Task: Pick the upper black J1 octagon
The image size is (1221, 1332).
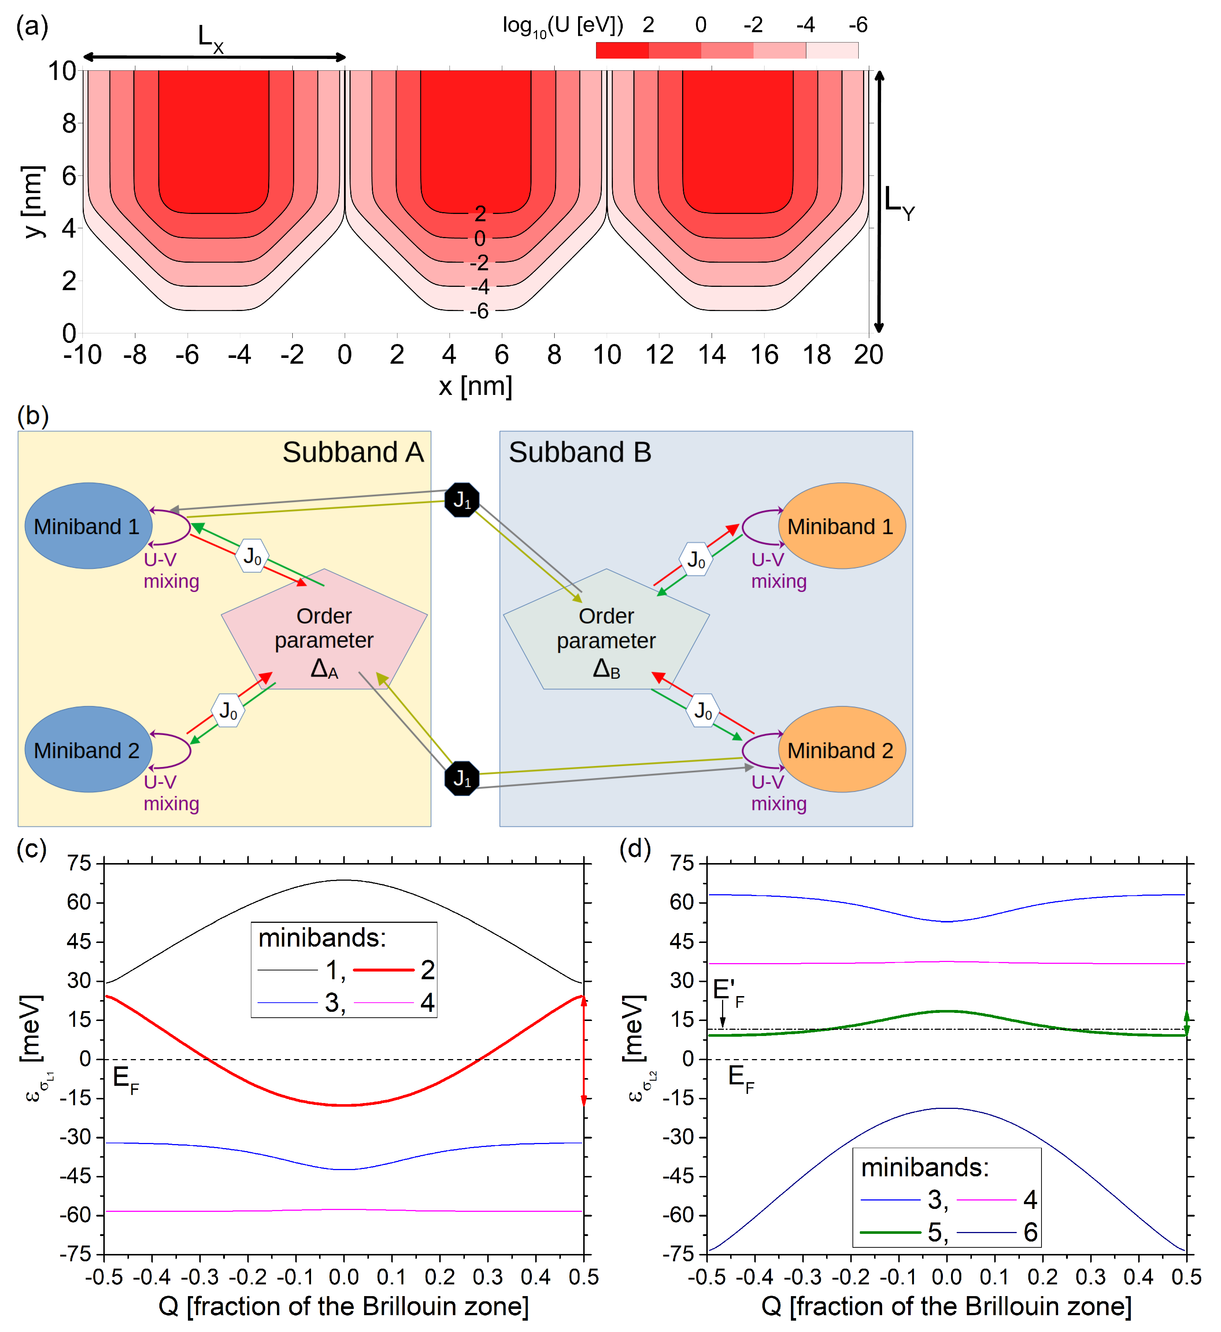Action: tap(462, 500)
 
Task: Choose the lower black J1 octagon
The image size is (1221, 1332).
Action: tap(462, 779)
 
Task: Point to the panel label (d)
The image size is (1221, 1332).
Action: tap(635, 848)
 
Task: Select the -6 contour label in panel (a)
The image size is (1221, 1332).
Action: tap(480, 311)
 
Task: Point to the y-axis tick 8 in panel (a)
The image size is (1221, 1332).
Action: tap(69, 123)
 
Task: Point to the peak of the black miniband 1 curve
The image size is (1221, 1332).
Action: tap(344, 880)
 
